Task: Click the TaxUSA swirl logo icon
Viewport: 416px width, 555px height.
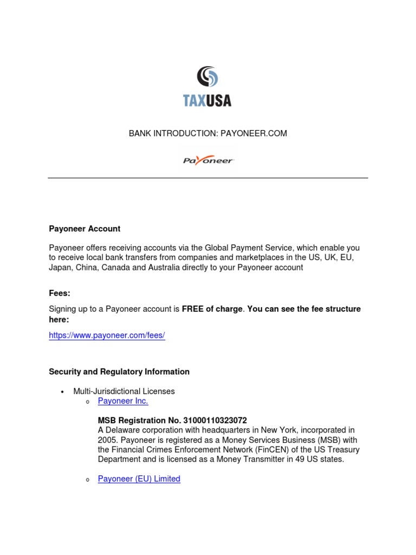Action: click(208, 77)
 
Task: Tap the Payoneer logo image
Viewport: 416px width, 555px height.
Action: click(208, 160)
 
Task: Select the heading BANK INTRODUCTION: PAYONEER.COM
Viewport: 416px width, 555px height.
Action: click(208, 133)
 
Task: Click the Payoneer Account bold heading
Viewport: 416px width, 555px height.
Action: click(84, 229)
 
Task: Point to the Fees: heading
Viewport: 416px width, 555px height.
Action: click(60, 293)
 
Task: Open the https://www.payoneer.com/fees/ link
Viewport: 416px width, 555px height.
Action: click(107, 335)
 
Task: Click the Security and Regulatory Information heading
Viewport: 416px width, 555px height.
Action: click(119, 372)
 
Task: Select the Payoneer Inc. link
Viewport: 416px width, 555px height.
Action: click(123, 401)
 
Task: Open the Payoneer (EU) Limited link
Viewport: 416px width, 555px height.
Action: click(139, 479)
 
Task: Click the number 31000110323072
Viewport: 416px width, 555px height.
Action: click(215, 421)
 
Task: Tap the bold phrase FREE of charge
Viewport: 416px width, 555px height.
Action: click(212, 309)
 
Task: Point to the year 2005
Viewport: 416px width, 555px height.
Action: click(107, 440)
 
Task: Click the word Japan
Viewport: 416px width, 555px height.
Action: click(61, 268)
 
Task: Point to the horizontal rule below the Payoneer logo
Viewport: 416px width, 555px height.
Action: click(208, 178)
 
